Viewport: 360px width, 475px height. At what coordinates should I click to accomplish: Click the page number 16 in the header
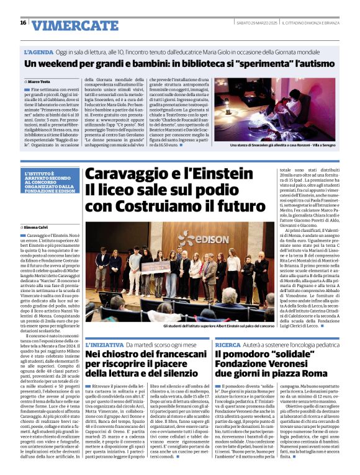[23, 23]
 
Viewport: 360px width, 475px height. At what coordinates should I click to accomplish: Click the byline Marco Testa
[38, 82]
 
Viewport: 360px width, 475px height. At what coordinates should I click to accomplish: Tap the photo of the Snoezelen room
[282, 109]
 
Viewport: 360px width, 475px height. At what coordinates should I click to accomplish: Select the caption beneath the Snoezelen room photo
[282, 146]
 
